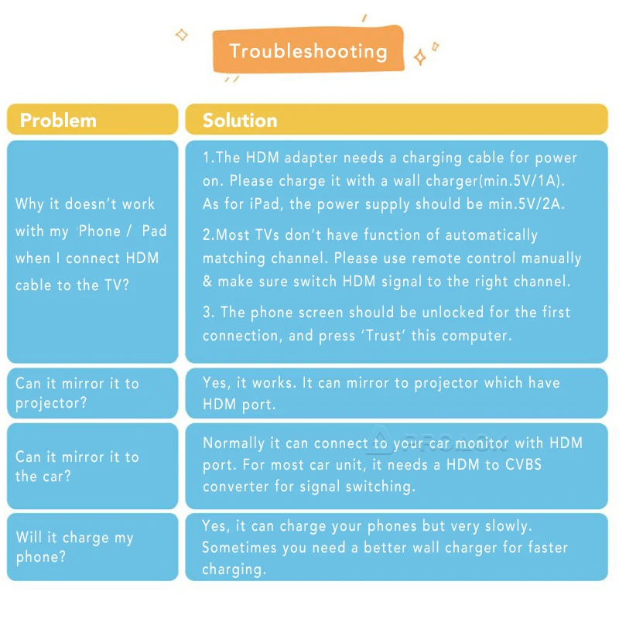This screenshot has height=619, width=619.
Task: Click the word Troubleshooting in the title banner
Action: [308, 52]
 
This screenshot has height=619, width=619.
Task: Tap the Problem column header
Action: [58, 120]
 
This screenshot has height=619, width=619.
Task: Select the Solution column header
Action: [240, 120]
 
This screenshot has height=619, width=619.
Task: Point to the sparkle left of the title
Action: [182, 35]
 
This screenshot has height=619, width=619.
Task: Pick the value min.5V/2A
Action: [531, 204]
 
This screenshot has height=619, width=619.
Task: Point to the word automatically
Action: [491, 235]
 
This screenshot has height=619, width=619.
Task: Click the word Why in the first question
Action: [29, 204]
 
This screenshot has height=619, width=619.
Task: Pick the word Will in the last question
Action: [29, 538]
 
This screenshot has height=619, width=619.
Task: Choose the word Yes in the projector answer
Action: [215, 382]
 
